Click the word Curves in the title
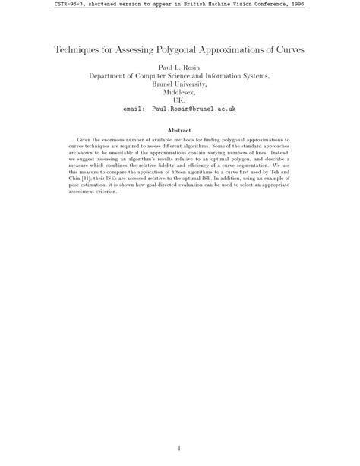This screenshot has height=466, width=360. click(x=289, y=50)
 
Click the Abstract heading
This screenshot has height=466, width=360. click(x=179, y=130)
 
